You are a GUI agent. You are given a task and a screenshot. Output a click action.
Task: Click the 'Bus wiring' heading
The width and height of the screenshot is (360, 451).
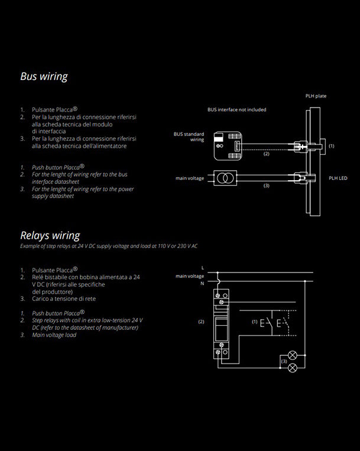point(44,76)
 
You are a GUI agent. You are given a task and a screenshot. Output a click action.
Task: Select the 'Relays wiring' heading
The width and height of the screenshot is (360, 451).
point(50,236)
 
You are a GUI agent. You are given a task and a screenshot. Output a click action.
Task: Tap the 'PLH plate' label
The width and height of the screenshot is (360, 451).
point(316,96)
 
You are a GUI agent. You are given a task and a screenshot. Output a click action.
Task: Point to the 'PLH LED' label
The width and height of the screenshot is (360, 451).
point(338,178)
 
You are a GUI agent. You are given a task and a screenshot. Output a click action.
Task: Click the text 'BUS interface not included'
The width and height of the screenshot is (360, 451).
point(236,110)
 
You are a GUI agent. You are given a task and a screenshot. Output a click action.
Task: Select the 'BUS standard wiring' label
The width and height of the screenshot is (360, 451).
point(189,137)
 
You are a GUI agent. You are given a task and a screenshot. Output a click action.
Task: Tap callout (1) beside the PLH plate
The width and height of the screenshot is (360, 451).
point(331,145)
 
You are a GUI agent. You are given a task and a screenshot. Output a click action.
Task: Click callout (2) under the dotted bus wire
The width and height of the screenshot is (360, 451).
point(266,154)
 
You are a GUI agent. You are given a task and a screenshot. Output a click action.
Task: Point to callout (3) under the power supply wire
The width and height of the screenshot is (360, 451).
point(266,186)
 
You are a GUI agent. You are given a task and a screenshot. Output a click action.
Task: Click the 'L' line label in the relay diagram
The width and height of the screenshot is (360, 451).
point(202,268)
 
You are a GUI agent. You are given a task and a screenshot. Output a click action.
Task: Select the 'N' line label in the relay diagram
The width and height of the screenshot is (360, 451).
point(202,284)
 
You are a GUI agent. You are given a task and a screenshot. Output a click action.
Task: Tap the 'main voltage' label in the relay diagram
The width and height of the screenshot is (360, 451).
point(190,276)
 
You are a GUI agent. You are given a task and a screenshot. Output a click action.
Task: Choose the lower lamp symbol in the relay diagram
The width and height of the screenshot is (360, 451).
point(292,367)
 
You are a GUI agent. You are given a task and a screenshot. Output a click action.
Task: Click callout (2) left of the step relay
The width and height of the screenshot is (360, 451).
point(201,322)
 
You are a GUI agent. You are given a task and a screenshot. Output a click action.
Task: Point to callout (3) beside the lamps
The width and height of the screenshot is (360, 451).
point(284,361)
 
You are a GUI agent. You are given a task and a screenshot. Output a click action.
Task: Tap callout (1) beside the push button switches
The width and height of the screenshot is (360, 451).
point(255,322)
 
